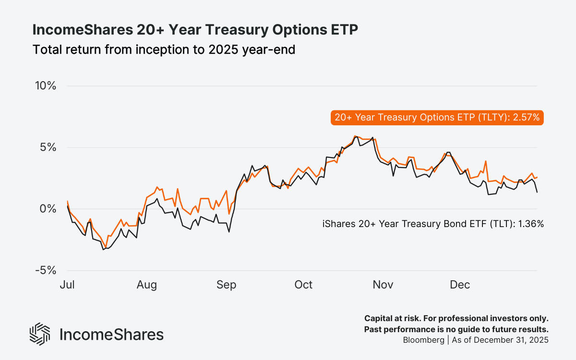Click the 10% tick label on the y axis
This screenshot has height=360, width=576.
pyautogui.click(x=46, y=86)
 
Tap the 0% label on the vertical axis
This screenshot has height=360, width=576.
pyautogui.click(x=48, y=209)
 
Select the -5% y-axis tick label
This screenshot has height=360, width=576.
pyautogui.click(x=47, y=270)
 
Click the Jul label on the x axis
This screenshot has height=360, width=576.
pyautogui.click(x=67, y=285)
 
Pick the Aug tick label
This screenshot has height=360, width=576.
pyautogui.click(x=146, y=285)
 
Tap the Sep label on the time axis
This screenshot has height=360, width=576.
pyautogui.click(x=226, y=285)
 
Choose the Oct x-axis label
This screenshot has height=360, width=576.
pyautogui.click(x=303, y=285)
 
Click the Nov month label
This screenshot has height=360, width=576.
pyautogui.click(x=383, y=285)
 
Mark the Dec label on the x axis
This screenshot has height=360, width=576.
pyautogui.click(x=459, y=285)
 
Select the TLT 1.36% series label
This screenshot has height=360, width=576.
pyautogui.click(x=433, y=224)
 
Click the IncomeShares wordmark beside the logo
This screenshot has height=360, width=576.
pyautogui.click(x=111, y=335)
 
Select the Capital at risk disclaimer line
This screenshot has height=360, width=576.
pyautogui.click(x=456, y=319)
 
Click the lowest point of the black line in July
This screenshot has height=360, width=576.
pyautogui.click(x=103, y=250)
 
